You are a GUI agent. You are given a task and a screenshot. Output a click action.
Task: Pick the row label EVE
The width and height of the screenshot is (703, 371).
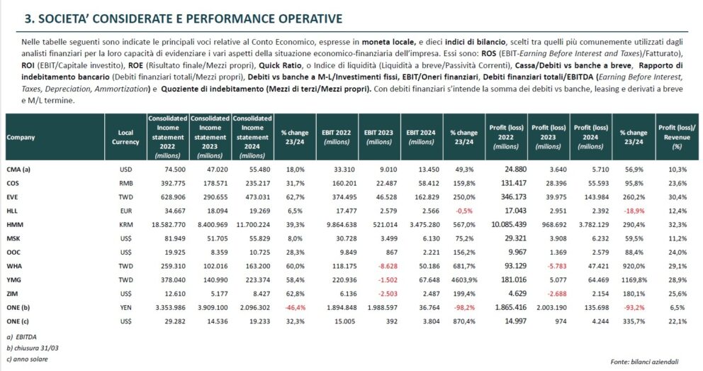click(x=13, y=196)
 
